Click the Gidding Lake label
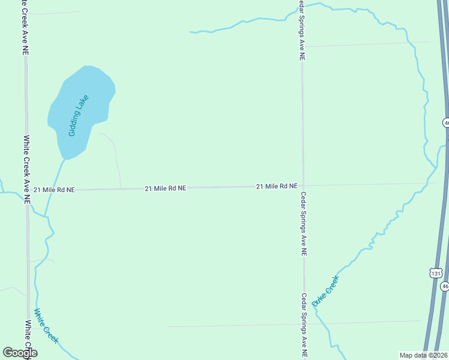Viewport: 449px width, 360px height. coord(79,115)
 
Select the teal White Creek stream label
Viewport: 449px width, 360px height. coord(46,326)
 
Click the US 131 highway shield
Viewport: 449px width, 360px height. coord(436,272)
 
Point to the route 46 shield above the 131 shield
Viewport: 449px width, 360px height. coord(446,122)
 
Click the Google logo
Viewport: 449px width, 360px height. coord(20,352)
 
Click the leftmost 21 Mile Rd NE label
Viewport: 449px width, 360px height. coord(54,190)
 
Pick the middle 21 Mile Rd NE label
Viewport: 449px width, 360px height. coord(165,188)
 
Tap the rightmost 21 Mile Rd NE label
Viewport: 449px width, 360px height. coord(277,187)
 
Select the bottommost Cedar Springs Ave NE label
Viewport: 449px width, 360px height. coord(304,325)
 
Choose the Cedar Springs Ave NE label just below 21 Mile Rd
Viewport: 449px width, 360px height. coord(304,224)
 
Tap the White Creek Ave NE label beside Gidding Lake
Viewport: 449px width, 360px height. coord(26,169)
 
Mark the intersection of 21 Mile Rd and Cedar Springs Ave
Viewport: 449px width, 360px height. coord(303,186)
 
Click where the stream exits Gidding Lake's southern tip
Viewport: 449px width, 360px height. coord(64,160)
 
